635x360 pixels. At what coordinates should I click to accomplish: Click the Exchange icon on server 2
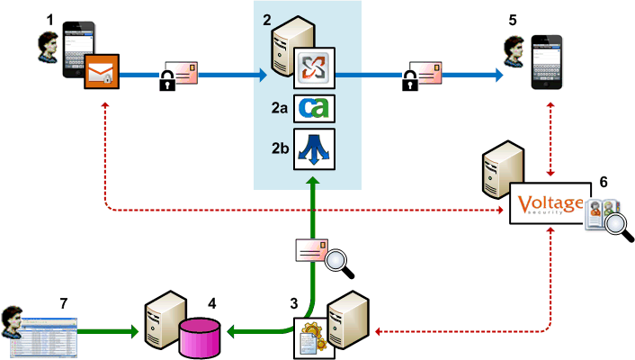coord(316,67)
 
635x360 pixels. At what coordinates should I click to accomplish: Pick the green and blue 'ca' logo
coord(316,107)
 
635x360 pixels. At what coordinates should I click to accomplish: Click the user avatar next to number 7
coord(15,319)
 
